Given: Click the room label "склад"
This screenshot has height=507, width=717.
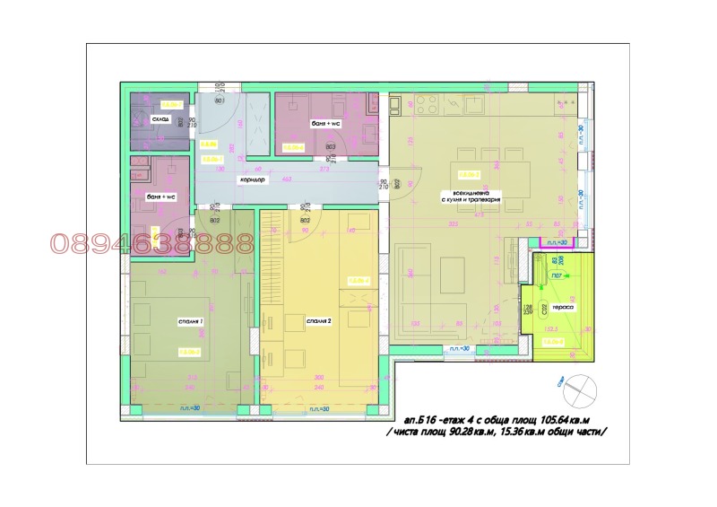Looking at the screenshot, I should point(160,118).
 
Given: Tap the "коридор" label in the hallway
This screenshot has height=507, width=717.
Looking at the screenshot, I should point(251,180).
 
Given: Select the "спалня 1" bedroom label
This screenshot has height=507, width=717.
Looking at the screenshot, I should point(190,320).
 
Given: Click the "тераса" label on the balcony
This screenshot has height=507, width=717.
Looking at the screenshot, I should point(563,308).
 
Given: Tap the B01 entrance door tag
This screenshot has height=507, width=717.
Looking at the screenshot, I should point(217,101).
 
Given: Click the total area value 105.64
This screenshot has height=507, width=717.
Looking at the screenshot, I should point(574,419).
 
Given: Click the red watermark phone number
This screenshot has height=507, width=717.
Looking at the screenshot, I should point(152,242).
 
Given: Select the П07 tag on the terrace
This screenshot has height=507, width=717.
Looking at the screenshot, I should point(556,275).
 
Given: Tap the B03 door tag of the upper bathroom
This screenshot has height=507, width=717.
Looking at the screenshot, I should point(330,147).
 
